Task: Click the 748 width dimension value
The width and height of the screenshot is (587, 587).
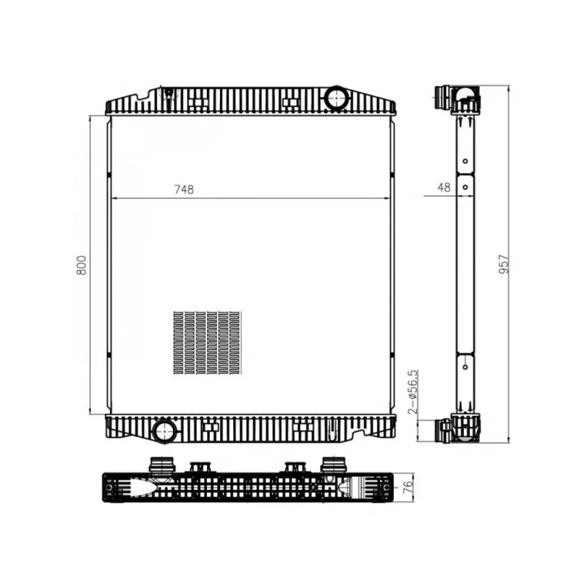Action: coord(184,189)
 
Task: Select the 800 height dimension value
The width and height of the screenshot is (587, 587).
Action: coord(81,265)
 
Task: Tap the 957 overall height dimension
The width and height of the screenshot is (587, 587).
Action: coord(504,264)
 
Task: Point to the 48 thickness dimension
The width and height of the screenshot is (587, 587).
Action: coord(444,187)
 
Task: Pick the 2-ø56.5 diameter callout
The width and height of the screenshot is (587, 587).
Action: coord(412,392)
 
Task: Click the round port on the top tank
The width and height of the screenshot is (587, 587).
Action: coord(336,97)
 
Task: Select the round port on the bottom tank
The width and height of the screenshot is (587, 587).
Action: coord(164,431)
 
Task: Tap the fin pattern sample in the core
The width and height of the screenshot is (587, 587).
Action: coord(208,342)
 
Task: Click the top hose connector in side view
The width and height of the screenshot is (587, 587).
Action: coord(444,97)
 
